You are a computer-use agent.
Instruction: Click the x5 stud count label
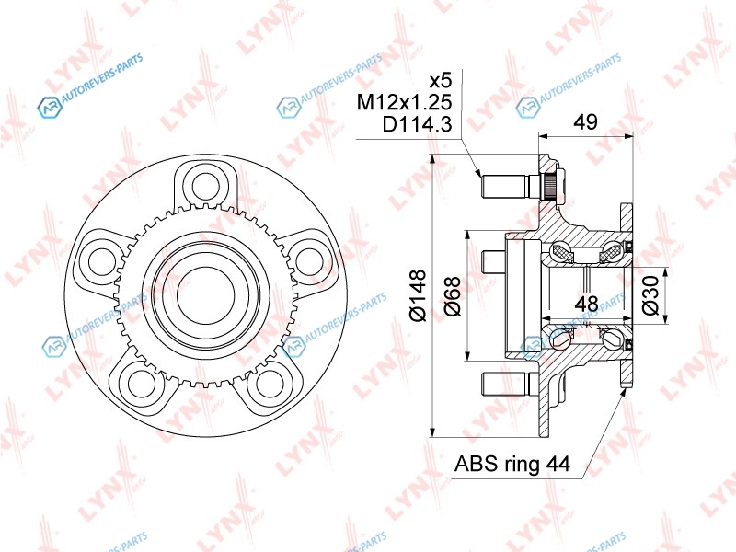(x=441, y=81)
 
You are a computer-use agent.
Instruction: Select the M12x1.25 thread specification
(x=404, y=102)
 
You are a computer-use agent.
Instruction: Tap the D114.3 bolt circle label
(x=418, y=124)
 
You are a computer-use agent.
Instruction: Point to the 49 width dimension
(x=586, y=122)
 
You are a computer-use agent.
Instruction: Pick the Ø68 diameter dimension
(x=452, y=296)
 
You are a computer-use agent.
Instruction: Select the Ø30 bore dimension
(x=651, y=295)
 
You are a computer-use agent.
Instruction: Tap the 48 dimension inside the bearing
(x=586, y=305)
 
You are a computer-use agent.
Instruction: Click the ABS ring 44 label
(x=512, y=464)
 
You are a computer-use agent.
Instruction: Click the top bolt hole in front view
(x=206, y=186)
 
